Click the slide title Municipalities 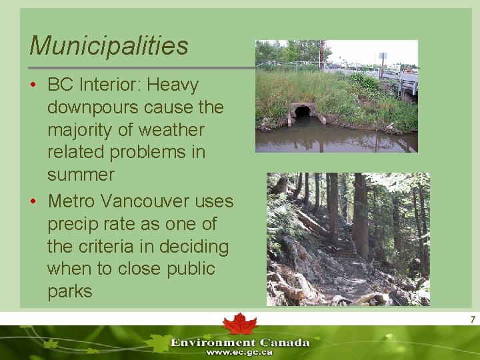(109, 46)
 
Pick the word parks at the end (69, 292)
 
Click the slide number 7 (472, 320)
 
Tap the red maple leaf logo (240, 324)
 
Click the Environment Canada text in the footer (240, 343)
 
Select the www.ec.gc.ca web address (239, 352)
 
